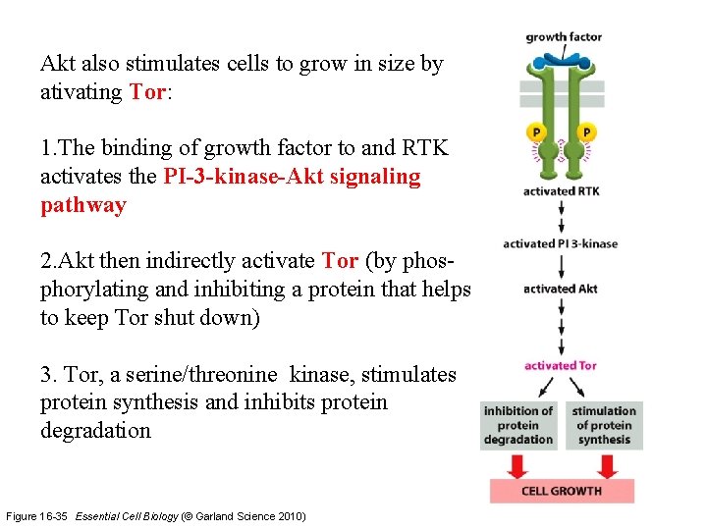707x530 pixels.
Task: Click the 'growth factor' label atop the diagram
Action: tap(564, 37)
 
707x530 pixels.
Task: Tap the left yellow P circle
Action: tap(536, 132)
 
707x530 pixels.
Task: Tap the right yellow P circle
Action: tap(586, 132)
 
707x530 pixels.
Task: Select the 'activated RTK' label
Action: tap(562, 191)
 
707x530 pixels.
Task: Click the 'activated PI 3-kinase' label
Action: tap(561, 243)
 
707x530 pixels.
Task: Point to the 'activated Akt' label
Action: tap(561, 289)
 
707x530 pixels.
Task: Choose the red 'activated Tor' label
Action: tap(561, 366)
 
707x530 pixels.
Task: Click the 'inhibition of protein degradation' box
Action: tap(518, 425)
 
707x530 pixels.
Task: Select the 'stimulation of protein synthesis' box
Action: tap(604, 425)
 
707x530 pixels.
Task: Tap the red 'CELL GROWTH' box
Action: tap(562, 491)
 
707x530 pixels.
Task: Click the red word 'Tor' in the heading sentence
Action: tap(147, 92)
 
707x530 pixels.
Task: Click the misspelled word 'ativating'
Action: tap(82, 92)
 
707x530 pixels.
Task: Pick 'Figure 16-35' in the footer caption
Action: tap(38, 516)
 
